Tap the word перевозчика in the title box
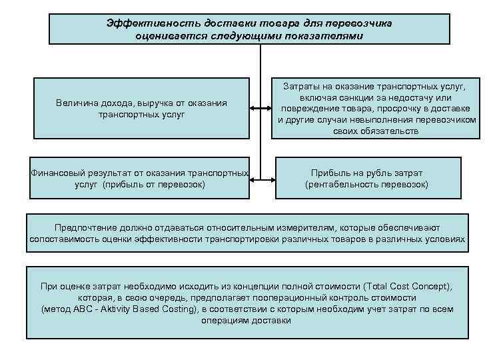(358, 23)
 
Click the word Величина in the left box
(79, 103)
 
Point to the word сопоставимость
(64, 239)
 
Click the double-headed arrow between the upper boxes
(260, 107)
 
